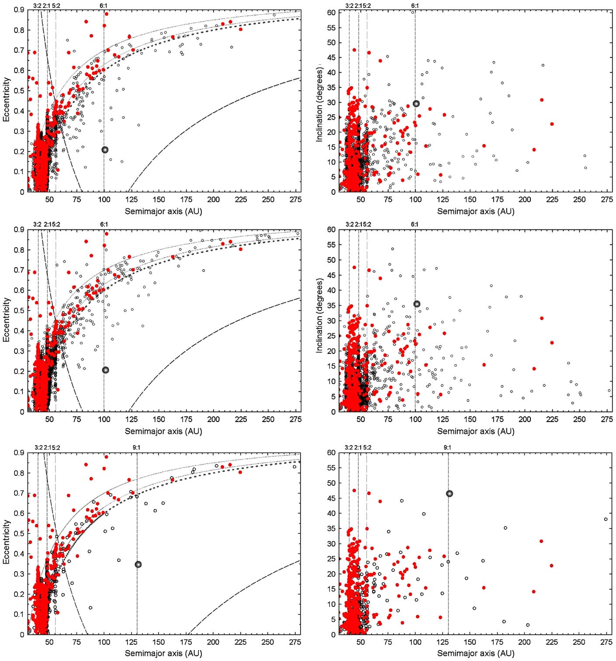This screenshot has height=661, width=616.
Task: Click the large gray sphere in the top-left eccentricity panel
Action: coord(105,150)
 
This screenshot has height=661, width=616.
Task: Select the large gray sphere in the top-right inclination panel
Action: coord(416,104)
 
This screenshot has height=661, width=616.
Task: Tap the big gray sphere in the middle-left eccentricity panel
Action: coord(106,370)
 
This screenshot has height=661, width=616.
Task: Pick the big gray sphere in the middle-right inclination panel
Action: coord(416,304)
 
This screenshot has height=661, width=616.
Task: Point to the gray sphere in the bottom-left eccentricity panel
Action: coord(138,564)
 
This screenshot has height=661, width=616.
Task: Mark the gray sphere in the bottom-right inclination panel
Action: coord(449,494)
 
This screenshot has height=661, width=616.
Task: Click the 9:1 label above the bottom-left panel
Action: coord(136,448)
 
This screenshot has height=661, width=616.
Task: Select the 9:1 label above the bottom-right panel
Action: coord(447,448)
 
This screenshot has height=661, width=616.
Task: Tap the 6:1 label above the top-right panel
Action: coord(415,6)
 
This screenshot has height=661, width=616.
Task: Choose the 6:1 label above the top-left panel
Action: coord(104,6)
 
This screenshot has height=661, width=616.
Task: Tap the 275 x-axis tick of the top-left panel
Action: coord(296,199)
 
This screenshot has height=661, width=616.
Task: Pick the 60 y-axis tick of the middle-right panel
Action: coord(331,229)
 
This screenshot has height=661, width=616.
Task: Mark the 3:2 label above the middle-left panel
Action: coord(37,224)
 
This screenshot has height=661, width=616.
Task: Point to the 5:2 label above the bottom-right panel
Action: coord(367,448)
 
